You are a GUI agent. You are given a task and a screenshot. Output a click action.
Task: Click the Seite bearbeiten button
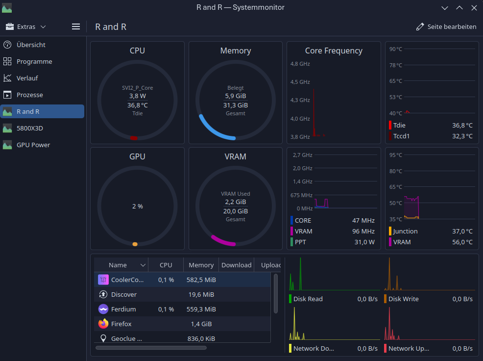pos(446,27)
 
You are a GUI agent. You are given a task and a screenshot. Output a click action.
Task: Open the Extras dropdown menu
pos(26,27)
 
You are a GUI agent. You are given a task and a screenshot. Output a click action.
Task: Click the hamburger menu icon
pos(76,27)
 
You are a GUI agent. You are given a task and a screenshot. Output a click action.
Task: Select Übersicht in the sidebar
pos(31,45)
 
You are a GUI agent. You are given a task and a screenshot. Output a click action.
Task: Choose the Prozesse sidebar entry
pos(29,95)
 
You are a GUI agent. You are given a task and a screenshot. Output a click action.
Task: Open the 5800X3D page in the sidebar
pos(29,128)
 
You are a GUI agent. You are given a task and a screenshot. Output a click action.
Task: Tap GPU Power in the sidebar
pos(33,145)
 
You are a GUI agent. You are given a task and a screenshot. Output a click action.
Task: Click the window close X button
pos(474,8)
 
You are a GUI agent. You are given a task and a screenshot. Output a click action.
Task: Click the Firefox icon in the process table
pos(103,324)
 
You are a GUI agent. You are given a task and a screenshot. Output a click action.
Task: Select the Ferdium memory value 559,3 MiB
pos(201,309)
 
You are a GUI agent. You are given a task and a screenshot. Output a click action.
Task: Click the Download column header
pos(236,265)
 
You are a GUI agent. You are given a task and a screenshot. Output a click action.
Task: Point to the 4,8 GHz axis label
pos(300,64)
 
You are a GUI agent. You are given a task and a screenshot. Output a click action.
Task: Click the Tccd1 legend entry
pos(401,136)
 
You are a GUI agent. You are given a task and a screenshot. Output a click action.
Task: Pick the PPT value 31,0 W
pos(364,242)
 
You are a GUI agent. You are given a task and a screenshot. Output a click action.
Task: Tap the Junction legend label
pos(405,232)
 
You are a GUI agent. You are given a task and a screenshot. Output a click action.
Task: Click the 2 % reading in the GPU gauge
pos(137,206)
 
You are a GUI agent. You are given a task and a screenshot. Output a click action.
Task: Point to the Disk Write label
pos(403,299)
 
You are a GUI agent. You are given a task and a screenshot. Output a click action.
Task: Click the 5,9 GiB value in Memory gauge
pos(235,96)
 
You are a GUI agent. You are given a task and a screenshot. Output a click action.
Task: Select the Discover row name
pos(124,295)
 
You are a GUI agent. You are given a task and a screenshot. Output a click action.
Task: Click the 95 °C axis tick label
pos(395,155)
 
